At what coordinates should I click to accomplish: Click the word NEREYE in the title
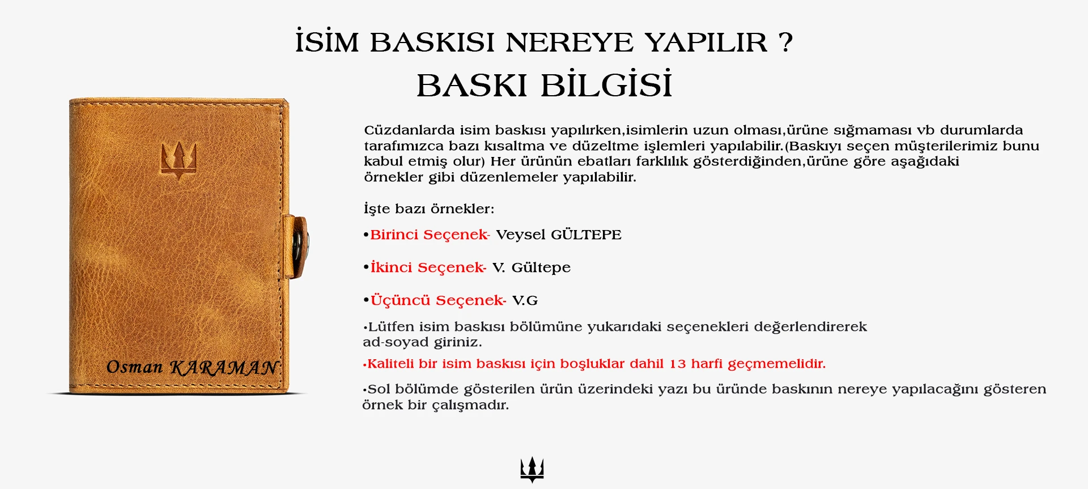click(569, 42)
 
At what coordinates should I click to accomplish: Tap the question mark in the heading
click(785, 42)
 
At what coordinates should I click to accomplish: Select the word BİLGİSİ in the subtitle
click(606, 85)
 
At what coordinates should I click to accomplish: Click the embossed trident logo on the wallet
click(179, 160)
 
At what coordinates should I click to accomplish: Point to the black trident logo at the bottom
click(532, 469)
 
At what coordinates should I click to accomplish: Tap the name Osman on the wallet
click(134, 367)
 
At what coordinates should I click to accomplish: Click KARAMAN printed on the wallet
click(224, 368)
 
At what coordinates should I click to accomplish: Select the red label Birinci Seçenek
click(430, 235)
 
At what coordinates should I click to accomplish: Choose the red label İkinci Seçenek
click(428, 267)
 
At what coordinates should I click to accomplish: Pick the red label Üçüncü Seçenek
click(438, 300)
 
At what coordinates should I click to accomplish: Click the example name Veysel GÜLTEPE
click(559, 235)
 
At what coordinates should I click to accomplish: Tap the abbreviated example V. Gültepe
click(532, 268)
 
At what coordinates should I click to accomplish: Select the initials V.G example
click(525, 301)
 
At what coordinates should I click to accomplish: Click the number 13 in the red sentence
click(678, 364)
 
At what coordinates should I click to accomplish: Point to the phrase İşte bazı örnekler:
click(429, 209)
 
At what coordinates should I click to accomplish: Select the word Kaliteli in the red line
click(391, 364)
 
